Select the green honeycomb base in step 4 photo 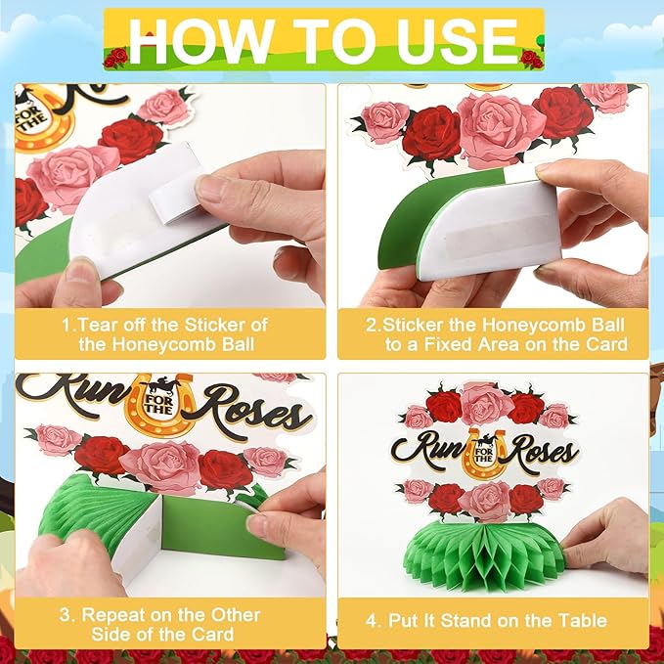point(485,554)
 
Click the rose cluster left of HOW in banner point(115,58)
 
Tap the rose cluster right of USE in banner point(531,59)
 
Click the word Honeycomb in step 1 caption point(165,344)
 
